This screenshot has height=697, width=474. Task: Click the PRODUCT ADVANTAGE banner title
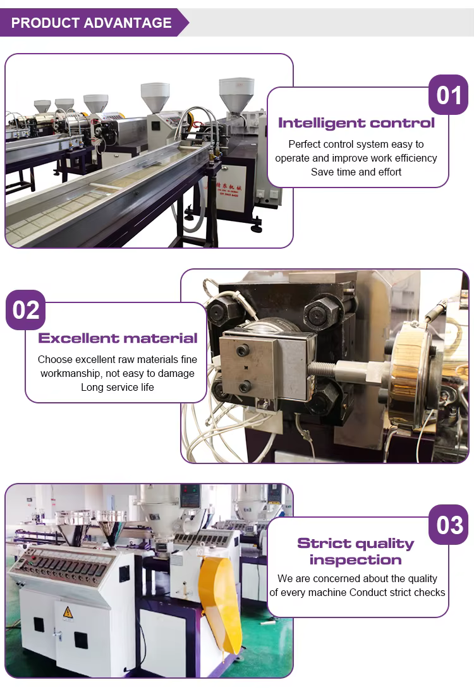pyautogui.click(x=91, y=23)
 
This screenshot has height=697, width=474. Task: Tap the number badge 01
pyautogui.click(x=449, y=95)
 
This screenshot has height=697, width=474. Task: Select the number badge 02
pyautogui.click(x=26, y=310)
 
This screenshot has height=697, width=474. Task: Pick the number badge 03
pyautogui.click(x=449, y=525)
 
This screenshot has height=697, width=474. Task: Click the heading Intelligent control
pyautogui.click(x=356, y=122)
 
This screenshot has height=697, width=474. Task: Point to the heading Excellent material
pyautogui.click(x=118, y=338)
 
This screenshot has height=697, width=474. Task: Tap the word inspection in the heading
pyautogui.click(x=356, y=560)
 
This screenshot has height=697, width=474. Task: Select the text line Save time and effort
pyautogui.click(x=356, y=172)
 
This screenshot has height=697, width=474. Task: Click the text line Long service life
pyautogui.click(x=118, y=387)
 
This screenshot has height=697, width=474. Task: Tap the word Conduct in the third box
pyautogui.click(x=367, y=593)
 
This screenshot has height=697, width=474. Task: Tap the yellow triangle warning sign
pyautogui.click(x=68, y=612)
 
